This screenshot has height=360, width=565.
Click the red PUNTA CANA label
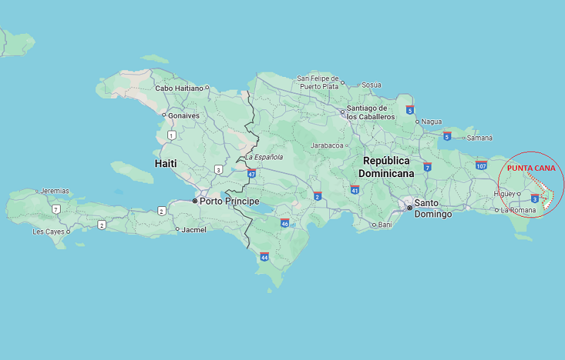531,168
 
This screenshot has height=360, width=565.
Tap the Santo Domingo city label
432,208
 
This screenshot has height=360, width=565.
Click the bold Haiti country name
165,163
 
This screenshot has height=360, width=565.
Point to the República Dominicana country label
386,167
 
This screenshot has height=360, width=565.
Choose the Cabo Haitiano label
179,88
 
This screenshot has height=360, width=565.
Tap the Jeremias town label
54,191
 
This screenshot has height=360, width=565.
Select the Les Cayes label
48,232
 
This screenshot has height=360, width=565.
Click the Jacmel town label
194,229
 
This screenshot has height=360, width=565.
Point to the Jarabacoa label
327,145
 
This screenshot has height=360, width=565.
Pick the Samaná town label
480,138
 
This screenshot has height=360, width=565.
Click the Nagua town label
431,121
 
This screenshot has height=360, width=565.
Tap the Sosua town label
371,85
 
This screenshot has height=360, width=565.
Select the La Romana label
518,210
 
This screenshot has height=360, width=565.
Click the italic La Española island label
263,157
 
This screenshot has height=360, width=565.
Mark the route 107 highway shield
481,165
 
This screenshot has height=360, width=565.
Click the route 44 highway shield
264,257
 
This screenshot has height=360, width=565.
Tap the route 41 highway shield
355,189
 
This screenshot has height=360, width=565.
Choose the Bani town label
384,225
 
